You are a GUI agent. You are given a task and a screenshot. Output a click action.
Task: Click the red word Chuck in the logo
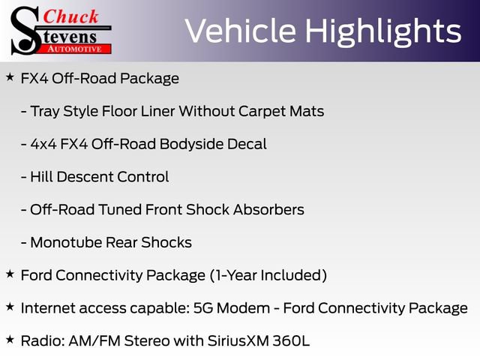[70, 16]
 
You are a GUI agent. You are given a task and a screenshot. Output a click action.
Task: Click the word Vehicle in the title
[240, 31]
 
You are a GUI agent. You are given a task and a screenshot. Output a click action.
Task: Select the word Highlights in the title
[383, 31]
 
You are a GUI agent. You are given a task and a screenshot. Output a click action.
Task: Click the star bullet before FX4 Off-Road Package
[10, 77]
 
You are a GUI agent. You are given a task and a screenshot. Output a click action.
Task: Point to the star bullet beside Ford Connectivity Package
[10, 274]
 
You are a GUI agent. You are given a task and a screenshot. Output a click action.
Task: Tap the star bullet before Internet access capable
[10, 307]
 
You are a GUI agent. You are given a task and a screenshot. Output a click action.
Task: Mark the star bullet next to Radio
[10, 339]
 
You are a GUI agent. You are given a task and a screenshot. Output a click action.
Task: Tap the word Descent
[85, 177]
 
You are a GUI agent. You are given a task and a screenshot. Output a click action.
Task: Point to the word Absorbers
[268, 209]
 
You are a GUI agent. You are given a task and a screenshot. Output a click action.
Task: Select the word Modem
[243, 308]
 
